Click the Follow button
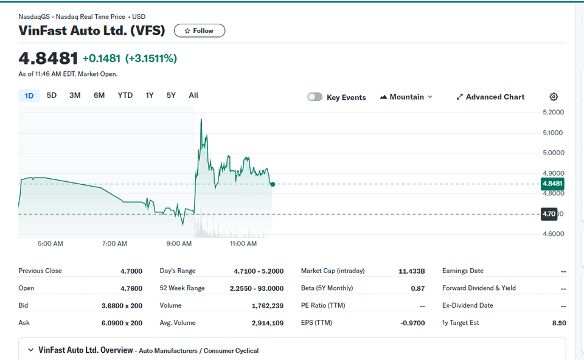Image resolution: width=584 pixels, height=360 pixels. [x=200, y=30]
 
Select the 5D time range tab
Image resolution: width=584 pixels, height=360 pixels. [x=51, y=95]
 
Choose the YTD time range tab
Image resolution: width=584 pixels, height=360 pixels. [x=125, y=95]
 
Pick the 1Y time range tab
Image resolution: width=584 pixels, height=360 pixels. [x=150, y=95]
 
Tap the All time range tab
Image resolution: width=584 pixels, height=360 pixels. [x=193, y=95]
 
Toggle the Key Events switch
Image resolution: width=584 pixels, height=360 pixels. [x=315, y=97]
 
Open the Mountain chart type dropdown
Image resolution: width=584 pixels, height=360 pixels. [x=406, y=97]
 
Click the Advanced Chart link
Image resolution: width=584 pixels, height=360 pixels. [x=490, y=97]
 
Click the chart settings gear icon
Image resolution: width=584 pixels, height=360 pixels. [x=554, y=97]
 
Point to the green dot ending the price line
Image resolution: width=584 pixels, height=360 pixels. [x=273, y=184]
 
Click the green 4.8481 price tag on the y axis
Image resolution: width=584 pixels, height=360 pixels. [x=552, y=184]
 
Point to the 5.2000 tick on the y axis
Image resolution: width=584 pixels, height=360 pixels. [x=554, y=112]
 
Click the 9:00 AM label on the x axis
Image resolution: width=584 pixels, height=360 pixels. [x=179, y=243]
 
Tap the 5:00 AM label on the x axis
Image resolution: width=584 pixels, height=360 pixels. [x=50, y=243]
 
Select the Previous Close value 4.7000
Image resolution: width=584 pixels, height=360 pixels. [x=131, y=271]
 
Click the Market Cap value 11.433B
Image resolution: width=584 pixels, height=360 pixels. [x=412, y=271]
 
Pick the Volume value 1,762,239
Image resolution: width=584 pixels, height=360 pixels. [x=268, y=306]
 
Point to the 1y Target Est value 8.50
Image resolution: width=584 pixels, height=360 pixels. [x=559, y=323]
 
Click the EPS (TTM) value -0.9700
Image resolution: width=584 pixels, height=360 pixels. [x=412, y=323]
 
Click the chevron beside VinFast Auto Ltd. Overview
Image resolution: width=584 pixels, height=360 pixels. [x=30, y=350]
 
